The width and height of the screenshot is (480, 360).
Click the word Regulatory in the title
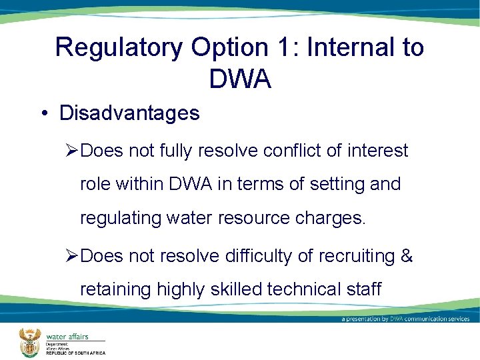[118, 48]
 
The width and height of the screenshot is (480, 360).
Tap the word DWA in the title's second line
[240, 79]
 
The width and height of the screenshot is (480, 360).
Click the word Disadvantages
[129, 113]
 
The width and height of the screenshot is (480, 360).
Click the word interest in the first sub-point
[377, 151]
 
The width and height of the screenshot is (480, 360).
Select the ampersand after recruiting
[407, 256]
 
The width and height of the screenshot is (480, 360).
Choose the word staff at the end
[363, 289]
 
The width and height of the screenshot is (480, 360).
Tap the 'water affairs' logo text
[67, 337]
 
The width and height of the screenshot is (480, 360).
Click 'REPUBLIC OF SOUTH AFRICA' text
[75, 353]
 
